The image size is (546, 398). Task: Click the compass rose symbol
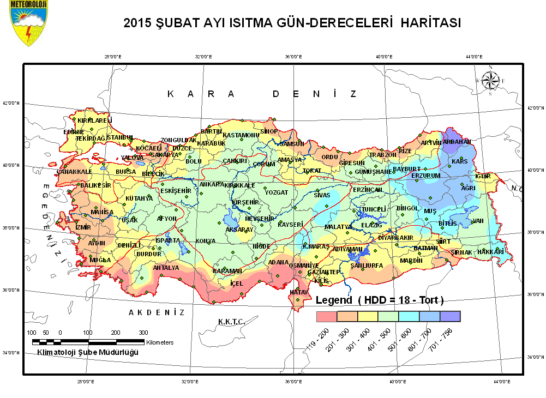pyautogui.click(x=490, y=81)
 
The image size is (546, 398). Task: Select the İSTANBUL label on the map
pyautogui.click(x=119, y=137)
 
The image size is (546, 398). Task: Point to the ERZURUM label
pyautogui.click(x=425, y=176)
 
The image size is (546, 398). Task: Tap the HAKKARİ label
pyautogui.click(x=490, y=252)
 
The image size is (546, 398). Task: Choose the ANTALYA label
pyautogui.click(x=166, y=268)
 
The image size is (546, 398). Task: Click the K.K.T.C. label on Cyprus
pyautogui.click(x=231, y=321)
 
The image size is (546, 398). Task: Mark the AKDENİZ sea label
pyautogui.click(x=157, y=312)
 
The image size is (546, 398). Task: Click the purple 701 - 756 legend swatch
pyautogui.click(x=451, y=316)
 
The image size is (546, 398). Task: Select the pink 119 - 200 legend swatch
pyautogui.click(x=327, y=316)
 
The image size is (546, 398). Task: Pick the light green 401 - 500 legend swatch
pyautogui.click(x=388, y=316)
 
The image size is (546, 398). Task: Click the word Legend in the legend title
pyautogui.click(x=334, y=300)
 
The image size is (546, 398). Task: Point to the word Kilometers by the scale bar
pyautogui.click(x=160, y=342)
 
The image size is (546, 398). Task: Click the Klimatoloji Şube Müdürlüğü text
pyautogui.click(x=87, y=352)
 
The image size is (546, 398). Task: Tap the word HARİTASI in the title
pyautogui.click(x=431, y=23)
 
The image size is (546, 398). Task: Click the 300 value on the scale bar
pyautogui.click(x=143, y=333)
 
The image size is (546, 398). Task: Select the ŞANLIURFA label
pyautogui.click(x=367, y=266)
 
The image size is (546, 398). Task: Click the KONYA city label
pyautogui.click(x=206, y=240)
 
